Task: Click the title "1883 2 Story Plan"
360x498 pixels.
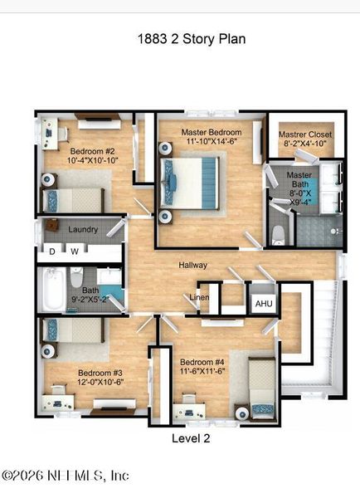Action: [x=191, y=39]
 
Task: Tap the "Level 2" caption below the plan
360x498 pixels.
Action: [x=191, y=438]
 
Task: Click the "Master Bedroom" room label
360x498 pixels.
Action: [x=213, y=133]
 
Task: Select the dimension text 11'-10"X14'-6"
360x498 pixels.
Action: [x=213, y=143]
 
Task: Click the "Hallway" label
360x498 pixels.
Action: [x=192, y=266]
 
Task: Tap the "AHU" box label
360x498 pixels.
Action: [x=264, y=304]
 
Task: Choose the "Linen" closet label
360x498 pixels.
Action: [x=199, y=296]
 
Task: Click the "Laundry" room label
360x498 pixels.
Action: [x=83, y=230]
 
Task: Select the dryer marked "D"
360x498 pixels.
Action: [x=52, y=250]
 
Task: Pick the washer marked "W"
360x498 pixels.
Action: [x=75, y=250]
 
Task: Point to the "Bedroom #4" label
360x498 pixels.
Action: [x=202, y=363]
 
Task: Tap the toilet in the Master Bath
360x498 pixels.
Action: [x=280, y=234]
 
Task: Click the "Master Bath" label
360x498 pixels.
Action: [x=299, y=176]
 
